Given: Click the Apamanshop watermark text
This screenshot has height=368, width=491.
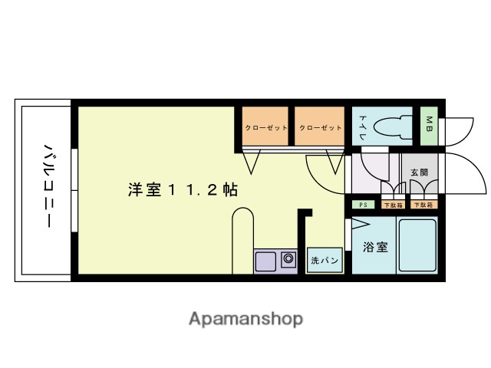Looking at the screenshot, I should pyautogui.click(x=245, y=318).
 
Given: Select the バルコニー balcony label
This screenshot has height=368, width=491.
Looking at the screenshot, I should pyautogui.click(x=47, y=185).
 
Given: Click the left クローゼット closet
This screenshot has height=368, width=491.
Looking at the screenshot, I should pyautogui.click(x=265, y=127).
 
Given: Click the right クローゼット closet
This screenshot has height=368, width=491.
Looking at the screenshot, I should pyautogui.click(x=320, y=127).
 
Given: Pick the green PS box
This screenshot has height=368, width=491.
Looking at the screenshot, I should pyautogui.click(x=364, y=205).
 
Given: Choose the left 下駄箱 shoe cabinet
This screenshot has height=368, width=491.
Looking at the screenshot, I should pyautogui.click(x=393, y=205).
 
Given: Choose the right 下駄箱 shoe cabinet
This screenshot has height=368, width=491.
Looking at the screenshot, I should pyautogui.click(x=423, y=205).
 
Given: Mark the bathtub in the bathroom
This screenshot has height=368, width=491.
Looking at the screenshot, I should pyautogui.click(x=417, y=245).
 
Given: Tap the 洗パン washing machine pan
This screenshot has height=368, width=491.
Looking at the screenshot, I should pyautogui.click(x=325, y=261).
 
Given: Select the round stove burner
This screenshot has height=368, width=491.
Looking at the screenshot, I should pyautogui.click(x=288, y=259).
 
